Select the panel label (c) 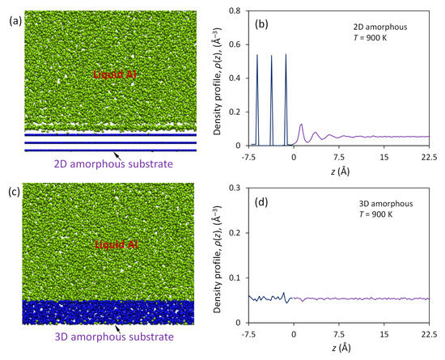coord(11,192)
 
